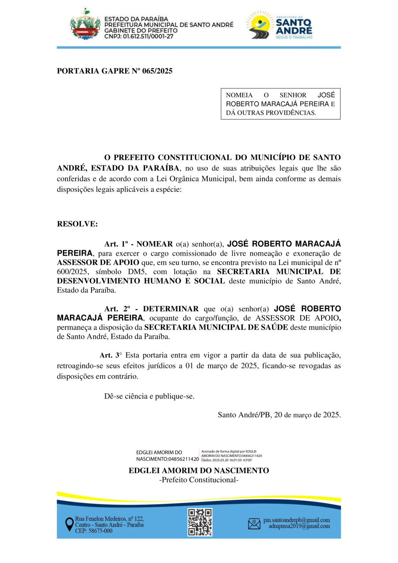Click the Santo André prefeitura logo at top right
(279, 26)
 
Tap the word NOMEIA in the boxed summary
(239, 95)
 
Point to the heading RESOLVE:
(77, 224)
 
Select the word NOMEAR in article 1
(157, 244)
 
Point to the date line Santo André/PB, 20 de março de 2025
(279, 415)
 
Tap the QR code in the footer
(200, 522)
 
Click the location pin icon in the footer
(69, 525)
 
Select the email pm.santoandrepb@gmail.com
(296, 520)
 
